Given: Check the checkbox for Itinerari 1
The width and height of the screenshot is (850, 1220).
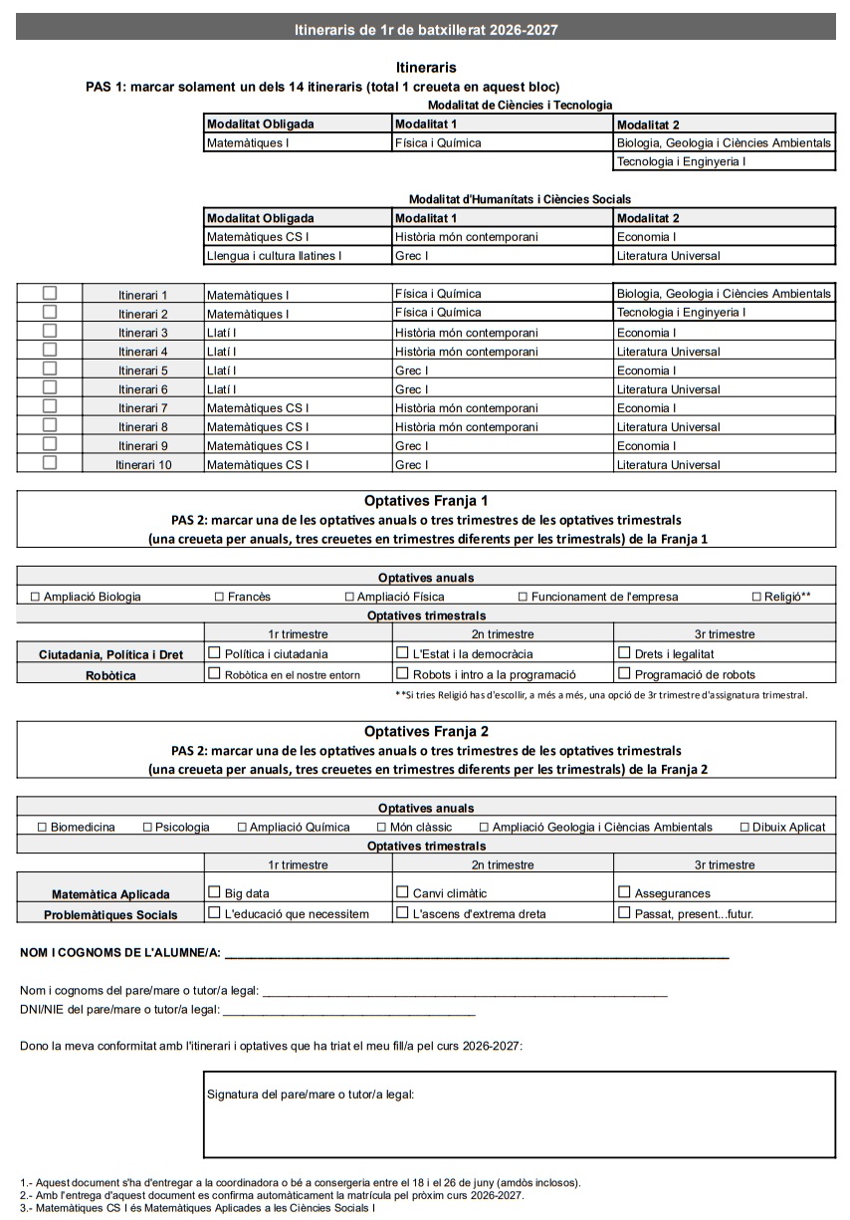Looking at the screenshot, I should pyautogui.click(x=50, y=293).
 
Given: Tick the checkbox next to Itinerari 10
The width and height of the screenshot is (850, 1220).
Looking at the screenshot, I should pyautogui.click(x=50, y=463).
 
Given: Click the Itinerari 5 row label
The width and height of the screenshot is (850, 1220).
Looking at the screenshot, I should pyautogui.click(x=143, y=370).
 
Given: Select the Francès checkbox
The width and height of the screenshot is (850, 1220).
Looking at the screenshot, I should pyautogui.click(x=219, y=597).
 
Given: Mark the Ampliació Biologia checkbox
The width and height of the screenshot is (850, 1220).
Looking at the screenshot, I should pyautogui.click(x=36, y=597).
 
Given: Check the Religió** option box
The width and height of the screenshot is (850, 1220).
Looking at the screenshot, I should pyautogui.click(x=756, y=597).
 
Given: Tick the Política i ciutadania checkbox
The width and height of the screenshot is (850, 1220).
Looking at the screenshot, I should pyautogui.click(x=214, y=653).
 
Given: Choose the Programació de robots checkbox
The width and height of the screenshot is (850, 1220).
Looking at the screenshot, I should pyautogui.click(x=624, y=673).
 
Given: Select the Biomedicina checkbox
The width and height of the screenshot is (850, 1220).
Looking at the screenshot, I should pyautogui.click(x=42, y=827).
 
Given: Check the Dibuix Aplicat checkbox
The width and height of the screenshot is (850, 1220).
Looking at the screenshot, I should pyautogui.click(x=744, y=827).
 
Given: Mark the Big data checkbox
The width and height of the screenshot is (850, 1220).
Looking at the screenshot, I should pyautogui.click(x=214, y=892).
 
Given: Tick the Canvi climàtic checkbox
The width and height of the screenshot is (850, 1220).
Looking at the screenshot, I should pyautogui.click(x=402, y=892).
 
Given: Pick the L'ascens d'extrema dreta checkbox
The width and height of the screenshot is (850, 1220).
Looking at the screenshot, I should pyautogui.click(x=402, y=912).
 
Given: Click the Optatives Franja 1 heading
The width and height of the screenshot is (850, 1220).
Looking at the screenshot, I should pyautogui.click(x=426, y=501).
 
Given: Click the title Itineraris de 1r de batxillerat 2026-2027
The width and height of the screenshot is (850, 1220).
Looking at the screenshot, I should pyautogui.click(x=426, y=30).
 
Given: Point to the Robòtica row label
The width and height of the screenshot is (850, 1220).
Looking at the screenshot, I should pyautogui.click(x=110, y=675).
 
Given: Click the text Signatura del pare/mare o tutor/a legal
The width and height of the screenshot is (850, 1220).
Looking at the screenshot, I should pyautogui.click(x=310, y=1094).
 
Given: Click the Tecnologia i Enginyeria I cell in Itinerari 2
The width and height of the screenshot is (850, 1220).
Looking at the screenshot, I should pyautogui.click(x=681, y=313).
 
